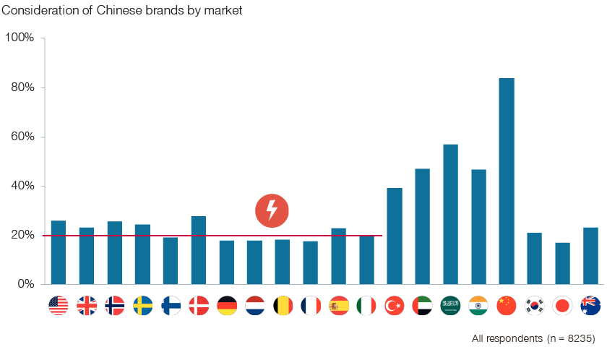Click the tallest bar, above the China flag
pos(507,181)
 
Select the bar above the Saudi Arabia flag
pos(450,214)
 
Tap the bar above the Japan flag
pos(562,263)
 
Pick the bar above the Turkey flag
pos(395,236)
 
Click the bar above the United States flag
pos(59,252)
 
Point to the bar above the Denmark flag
pos(199,250)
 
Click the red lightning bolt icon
pos(272,210)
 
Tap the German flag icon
pos(227,306)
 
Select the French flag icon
pos(311,306)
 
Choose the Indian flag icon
pos(478,306)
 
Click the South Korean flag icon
pos(535,306)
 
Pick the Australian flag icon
pos(590,306)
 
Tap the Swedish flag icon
pos(143,306)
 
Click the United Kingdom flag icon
pos(87,306)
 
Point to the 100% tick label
pos(20,38)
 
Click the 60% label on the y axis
pos(22,137)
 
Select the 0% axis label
pos(25,284)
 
